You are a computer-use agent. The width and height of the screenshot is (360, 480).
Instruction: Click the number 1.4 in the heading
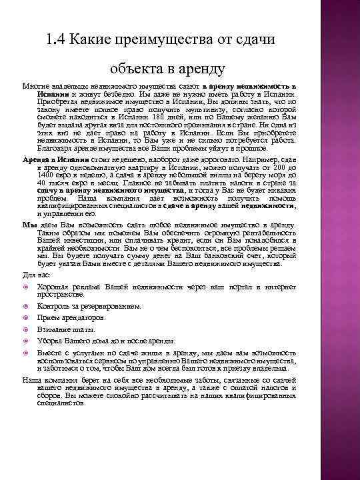click(x=56, y=39)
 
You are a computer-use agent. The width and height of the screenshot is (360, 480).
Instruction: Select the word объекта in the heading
click(x=136, y=67)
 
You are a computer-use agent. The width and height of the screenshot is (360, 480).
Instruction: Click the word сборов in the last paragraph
click(x=48, y=395)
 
